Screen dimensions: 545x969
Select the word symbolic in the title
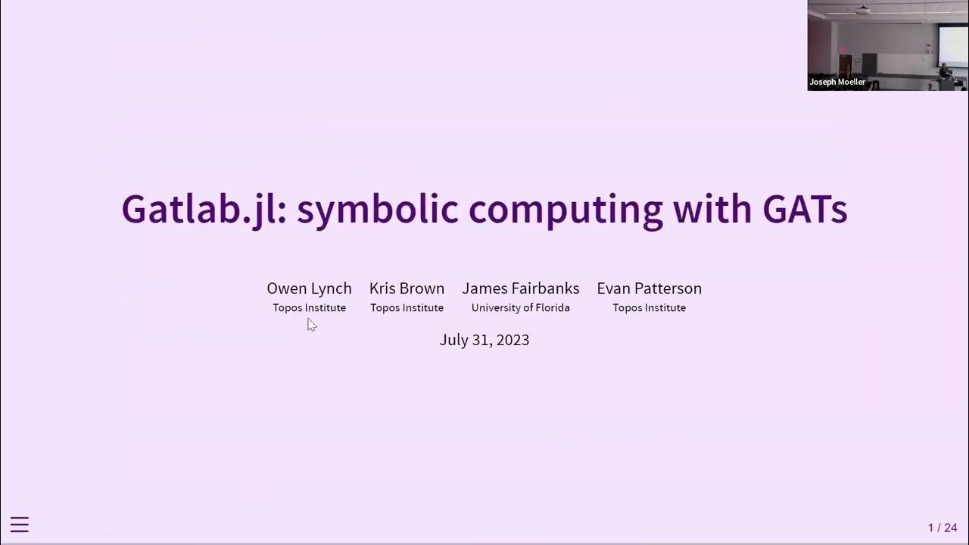pos(377,209)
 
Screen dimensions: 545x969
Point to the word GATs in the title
pos(804,209)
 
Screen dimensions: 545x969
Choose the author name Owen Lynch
pos(309,288)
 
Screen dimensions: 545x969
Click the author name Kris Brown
pos(407,288)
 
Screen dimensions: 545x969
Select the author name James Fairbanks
pos(521,288)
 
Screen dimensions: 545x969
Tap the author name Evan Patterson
pos(649,288)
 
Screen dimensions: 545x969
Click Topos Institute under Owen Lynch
pos(309,308)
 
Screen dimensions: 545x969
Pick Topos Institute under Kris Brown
pos(407,308)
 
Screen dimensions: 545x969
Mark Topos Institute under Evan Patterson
pos(649,308)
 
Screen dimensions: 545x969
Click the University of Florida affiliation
pos(521,308)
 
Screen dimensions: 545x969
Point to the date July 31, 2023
pos(484,340)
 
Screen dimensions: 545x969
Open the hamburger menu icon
pos(20,525)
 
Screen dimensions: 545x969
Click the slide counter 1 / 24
pos(943,528)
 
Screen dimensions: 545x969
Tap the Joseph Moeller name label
pos(837,82)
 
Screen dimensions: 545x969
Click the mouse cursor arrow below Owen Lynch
pos(311,324)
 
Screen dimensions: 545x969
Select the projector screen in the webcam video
pos(952,45)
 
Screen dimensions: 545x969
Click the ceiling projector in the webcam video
pos(864,10)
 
